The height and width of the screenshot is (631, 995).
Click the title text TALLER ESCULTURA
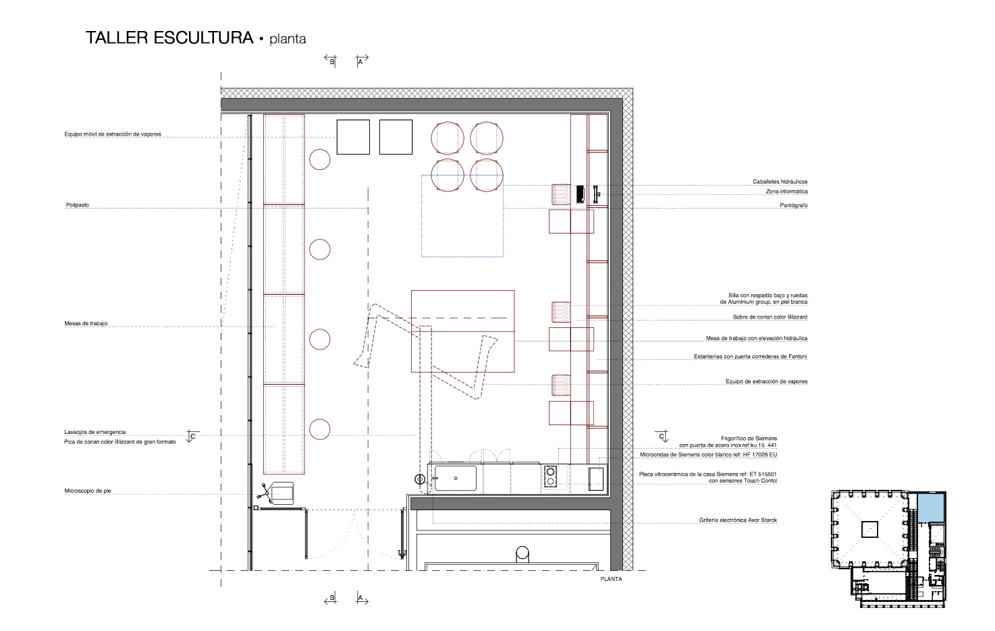coord(169,38)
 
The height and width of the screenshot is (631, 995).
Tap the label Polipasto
coord(77,205)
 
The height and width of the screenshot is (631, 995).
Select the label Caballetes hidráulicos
coord(780,182)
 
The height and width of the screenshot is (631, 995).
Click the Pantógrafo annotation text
coord(794,205)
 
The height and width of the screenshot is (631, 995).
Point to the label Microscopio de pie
coord(88,491)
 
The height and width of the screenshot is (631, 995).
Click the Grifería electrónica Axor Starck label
coord(738,520)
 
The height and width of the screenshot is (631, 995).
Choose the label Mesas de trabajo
coord(86,323)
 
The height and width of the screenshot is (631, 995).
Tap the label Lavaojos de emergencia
coord(95,432)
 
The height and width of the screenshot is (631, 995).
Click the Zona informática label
coord(786,192)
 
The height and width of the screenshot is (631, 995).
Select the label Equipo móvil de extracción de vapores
coord(113,134)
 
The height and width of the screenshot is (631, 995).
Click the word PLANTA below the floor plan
coord(611,579)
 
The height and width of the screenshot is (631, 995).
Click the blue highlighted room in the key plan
coord(931,507)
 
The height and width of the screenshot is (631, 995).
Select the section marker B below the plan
coord(331,598)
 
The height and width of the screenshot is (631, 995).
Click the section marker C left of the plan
coord(192,437)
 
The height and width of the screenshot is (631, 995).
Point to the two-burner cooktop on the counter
coord(550,476)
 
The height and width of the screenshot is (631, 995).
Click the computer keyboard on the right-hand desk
coord(580,194)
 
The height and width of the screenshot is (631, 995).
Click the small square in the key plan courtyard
coord(869,529)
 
